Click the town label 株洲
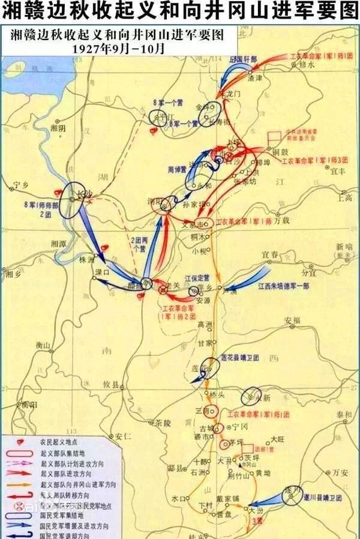tap(88, 260)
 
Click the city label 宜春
tap(269, 254)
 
